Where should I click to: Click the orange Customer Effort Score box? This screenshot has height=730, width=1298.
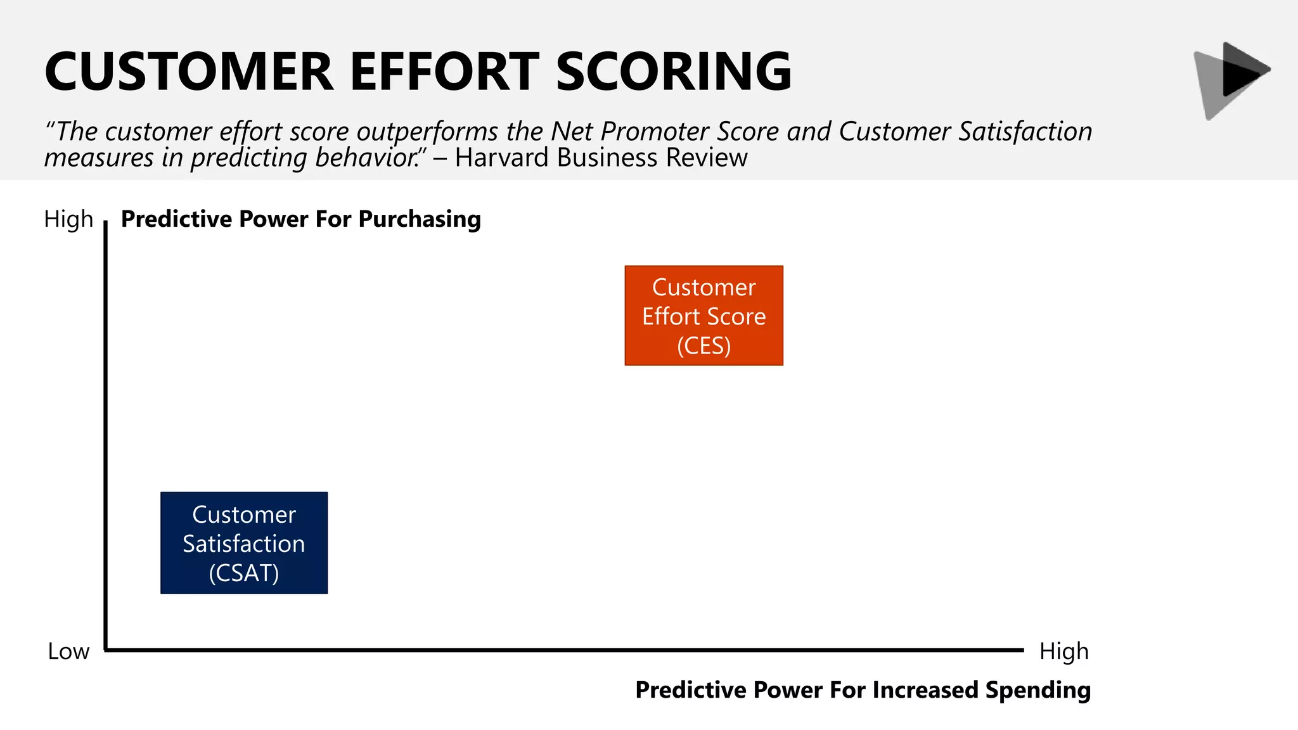pos(704,315)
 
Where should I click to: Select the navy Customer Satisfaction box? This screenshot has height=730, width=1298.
pos(244,542)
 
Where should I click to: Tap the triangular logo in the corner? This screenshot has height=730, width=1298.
pos(1231,79)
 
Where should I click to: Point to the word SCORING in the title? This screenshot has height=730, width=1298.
pos(674,72)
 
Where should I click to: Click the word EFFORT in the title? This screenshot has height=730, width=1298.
pos(444,72)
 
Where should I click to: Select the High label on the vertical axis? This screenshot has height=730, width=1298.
pos(68,219)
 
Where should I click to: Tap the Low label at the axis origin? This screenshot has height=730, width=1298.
pos(68,651)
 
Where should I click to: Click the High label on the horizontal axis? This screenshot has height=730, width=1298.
pos(1063,651)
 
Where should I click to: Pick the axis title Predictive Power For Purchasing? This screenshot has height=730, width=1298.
pos(300,219)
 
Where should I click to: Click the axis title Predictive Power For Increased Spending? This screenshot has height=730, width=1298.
pos(863,689)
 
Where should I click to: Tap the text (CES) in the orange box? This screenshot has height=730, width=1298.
pos(704,346)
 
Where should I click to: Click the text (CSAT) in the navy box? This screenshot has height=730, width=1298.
pos(244,573)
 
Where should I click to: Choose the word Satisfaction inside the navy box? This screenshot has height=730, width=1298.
pos(244,544)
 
